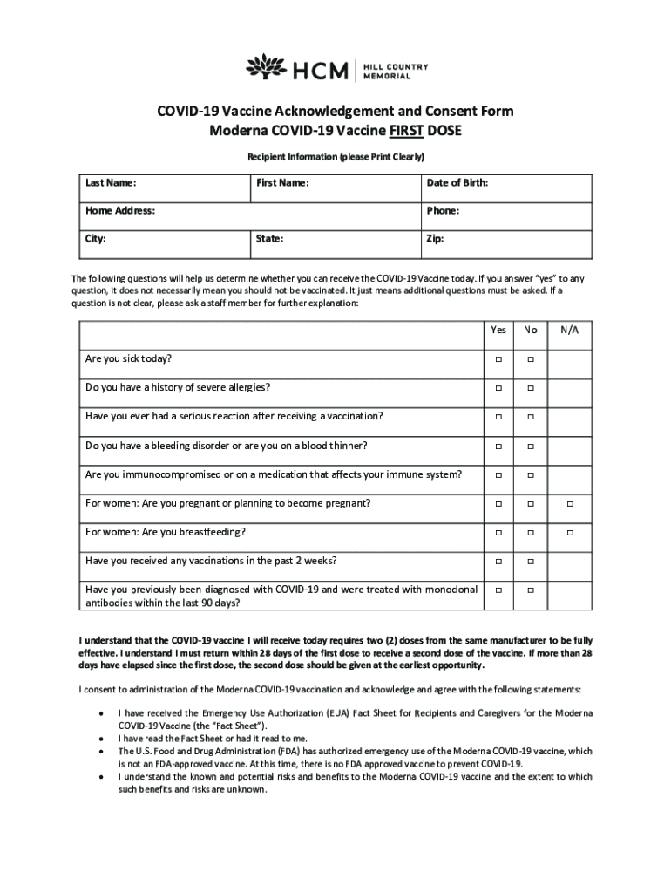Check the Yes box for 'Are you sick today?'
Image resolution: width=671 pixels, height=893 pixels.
(499, 359)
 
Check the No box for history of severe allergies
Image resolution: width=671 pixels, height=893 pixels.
(529, 388)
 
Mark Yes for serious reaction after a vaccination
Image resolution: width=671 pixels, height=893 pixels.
(499, 417)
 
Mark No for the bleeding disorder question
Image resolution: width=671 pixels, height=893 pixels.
(529, 446)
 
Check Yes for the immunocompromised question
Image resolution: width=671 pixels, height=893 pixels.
(499, 475)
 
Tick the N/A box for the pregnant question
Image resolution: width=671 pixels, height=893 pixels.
(570, 504)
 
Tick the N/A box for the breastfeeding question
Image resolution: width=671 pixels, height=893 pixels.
(570, 533)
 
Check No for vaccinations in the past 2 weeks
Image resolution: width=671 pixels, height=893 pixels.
(529, 562)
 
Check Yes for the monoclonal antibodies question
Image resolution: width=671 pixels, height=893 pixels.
(499, 590)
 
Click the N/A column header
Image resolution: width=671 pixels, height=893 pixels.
(570, 330)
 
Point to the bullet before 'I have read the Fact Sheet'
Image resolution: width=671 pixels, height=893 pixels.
(105, 738)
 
